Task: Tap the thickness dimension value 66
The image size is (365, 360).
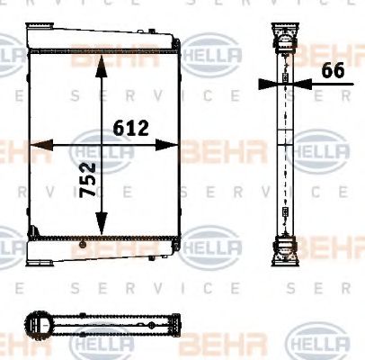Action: [x=333, y=71]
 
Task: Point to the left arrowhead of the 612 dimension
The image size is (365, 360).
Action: [x=37, y=144]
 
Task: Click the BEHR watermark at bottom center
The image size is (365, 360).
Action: [x=211, y=343]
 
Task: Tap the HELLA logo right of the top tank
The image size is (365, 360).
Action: [x=213, y=58]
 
